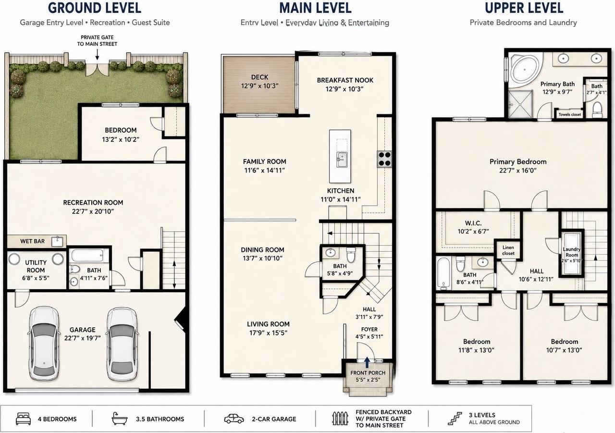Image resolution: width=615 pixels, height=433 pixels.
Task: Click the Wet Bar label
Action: [32, 241]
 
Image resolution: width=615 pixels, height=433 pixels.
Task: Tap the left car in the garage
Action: [44, 344]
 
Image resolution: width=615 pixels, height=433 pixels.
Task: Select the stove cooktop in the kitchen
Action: [384, 159]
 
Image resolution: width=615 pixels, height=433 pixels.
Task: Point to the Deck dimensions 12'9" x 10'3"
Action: [260, 86]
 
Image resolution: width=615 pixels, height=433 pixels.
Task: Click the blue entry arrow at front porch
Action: [367, 362]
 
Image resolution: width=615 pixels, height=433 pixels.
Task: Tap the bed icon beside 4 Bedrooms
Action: [24, 419]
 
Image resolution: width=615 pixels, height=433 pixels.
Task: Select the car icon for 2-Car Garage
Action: [234, 419]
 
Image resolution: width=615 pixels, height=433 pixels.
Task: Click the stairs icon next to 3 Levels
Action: [455, 419]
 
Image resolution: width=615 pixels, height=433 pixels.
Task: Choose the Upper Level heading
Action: [524, 8]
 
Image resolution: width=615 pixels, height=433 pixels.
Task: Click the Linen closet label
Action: [508, 250]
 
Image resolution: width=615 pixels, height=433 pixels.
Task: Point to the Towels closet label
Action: [570, 114]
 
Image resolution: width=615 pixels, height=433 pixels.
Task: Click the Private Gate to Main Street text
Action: [97, 41]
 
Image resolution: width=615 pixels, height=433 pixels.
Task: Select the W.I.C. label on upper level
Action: [473, 223]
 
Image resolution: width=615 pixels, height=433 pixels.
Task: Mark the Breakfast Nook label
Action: [345, 80]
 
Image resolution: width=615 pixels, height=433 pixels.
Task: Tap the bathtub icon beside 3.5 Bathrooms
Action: [120, 419]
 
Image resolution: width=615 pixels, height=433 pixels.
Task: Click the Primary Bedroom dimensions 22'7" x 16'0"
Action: [518, 171]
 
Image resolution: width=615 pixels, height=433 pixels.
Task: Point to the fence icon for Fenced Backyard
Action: [340, 419]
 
